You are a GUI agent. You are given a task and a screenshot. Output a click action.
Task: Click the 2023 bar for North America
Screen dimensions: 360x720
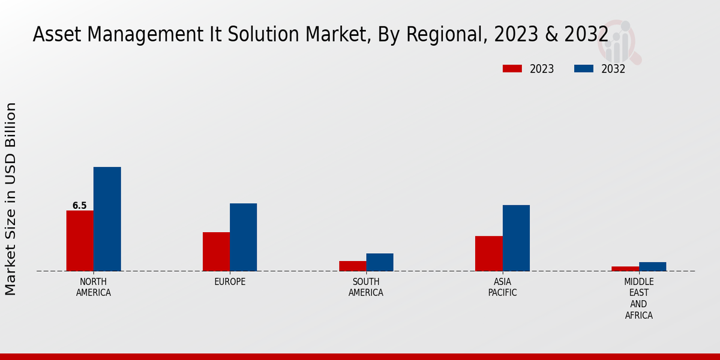80,241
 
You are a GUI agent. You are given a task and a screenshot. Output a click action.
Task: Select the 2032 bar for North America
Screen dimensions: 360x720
107,219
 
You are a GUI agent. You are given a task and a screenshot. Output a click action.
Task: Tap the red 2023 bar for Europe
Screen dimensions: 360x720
216,251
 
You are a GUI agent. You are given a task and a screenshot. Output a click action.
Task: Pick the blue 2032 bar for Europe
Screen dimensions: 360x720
243,237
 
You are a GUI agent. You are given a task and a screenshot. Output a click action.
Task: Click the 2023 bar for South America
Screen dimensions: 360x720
352,266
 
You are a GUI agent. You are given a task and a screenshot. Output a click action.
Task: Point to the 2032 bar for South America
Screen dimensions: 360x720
380,262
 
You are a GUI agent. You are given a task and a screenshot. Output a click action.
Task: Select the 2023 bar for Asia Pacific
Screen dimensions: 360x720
488,253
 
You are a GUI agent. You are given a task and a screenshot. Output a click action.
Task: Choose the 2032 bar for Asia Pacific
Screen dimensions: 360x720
516,238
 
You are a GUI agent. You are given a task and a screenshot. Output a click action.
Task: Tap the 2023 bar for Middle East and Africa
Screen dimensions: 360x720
625,268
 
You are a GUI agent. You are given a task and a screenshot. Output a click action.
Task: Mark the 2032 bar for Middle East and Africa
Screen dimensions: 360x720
652,266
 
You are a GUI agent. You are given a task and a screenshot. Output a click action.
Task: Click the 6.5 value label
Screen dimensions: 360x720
80,206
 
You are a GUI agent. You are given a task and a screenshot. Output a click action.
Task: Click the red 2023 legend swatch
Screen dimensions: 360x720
512,68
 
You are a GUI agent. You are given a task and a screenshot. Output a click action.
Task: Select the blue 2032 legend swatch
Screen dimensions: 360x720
583,68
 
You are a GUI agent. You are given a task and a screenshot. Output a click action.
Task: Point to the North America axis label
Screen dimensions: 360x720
94,287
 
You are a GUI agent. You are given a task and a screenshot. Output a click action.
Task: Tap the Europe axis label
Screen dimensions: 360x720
230,282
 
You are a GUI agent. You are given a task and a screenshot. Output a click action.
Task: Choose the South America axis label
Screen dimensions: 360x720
366,287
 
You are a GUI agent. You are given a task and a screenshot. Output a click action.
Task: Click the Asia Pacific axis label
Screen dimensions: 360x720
502,287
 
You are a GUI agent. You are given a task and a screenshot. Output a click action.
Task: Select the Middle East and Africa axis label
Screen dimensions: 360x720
639,298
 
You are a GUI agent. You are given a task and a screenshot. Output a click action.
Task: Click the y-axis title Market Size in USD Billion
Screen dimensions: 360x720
11,199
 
